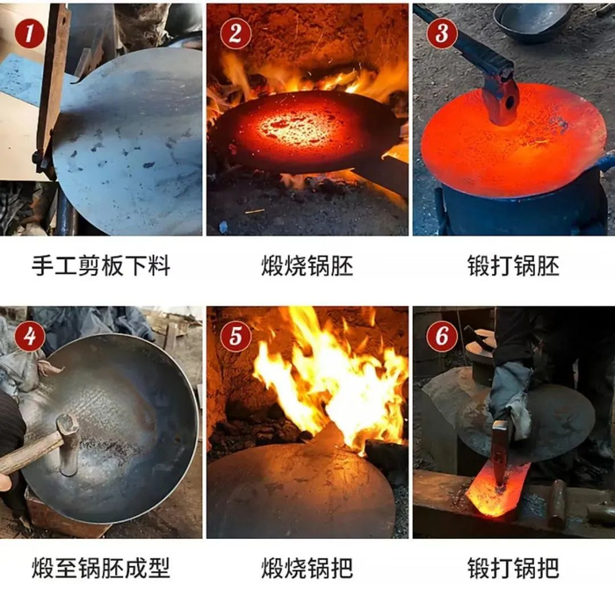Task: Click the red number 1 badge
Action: click(29, 33)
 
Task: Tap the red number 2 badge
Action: click(235, 33)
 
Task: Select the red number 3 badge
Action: click(442, 33)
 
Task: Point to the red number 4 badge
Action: click(29, 337)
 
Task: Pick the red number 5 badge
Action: click(235, 337)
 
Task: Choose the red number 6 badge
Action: click(442, 337)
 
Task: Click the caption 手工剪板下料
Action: click(101, 266)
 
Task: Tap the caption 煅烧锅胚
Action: click(307, 266)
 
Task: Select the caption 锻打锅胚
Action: click(513, 266)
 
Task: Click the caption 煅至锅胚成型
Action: click(101, 568)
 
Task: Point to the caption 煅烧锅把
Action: click(307, 568)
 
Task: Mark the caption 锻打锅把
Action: click(513, 568)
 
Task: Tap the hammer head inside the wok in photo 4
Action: click(69, 444)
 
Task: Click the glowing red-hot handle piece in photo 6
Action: click(496, 488)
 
